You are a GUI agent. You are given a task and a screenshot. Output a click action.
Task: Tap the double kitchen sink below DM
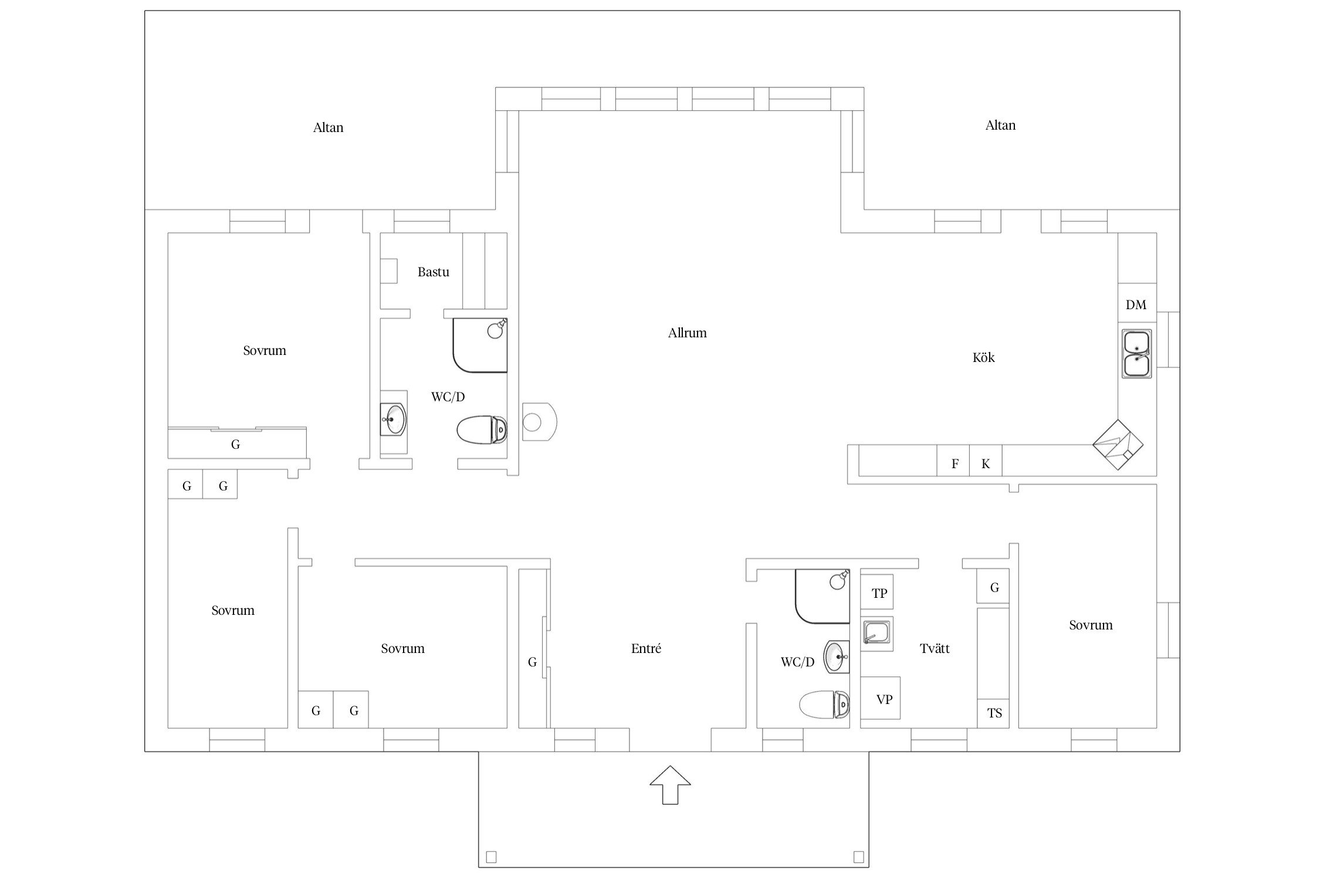1136,354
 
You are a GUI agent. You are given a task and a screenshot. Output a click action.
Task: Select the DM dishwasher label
1136,304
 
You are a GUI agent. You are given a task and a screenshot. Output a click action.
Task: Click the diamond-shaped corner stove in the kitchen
1118,445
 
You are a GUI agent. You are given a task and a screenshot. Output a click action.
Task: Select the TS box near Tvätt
993,713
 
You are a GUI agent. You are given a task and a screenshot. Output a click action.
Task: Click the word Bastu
434,272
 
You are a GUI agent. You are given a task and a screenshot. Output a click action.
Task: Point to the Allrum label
687,333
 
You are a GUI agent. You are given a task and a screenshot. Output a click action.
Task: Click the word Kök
983,357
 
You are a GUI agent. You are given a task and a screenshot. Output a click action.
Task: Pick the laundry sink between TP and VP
877,634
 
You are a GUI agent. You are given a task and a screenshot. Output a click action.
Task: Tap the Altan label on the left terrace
328,127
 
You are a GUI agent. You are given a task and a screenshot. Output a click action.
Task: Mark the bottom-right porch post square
858,857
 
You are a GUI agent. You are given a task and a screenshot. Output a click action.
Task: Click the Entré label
646,648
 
